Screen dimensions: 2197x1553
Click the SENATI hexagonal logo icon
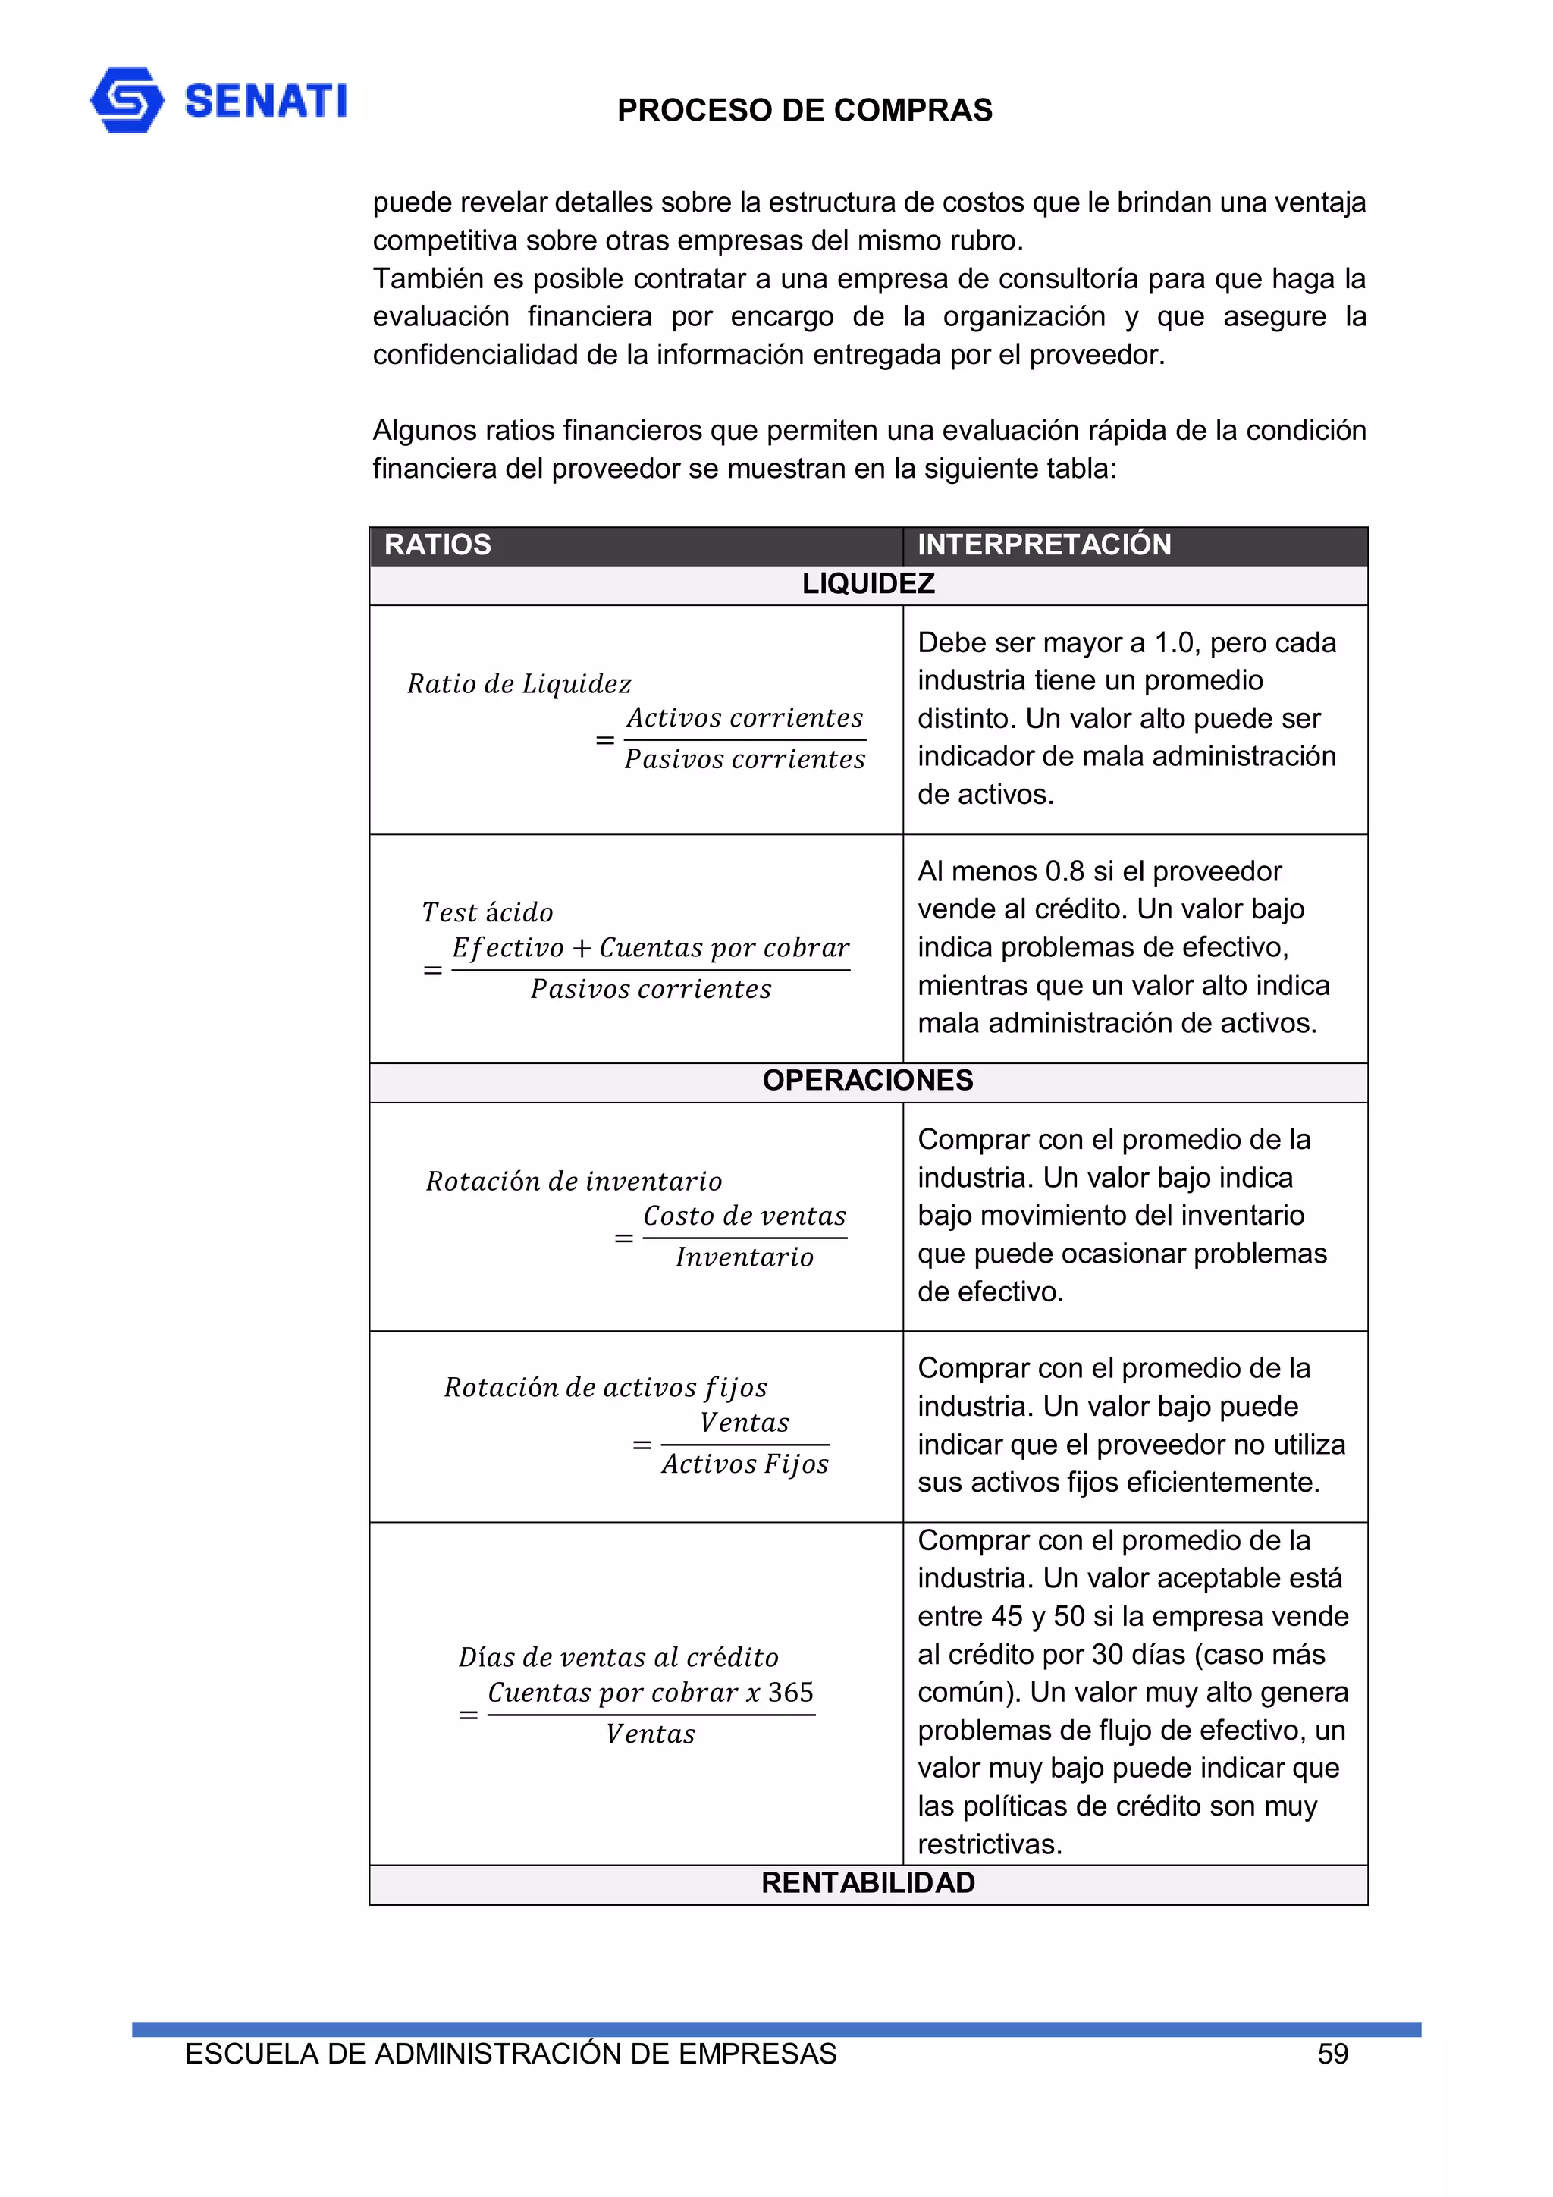pyautogui.click(x=127, y=99)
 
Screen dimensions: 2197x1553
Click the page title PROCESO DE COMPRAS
pyautogui.click(x=804, y=111)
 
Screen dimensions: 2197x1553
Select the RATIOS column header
pyautogui.click(x=438, y=545)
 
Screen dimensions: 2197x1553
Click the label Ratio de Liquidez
pyautogui.click(x=519, y=683)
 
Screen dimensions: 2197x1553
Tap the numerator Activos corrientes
pyautogui.click(x=745, y=717)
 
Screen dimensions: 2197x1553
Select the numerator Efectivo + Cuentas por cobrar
pyautogui.click(x=651, y=947)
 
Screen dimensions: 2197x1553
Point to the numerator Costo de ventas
pyautogui.click(x=745, y=1215)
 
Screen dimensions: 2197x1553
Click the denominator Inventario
pyautogui.click(x=745, y=1257)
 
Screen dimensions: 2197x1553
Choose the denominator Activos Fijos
pyautogui.click(x=745, y=1463)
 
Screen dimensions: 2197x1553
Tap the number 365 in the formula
pyautogui.click(x=790, y=1692)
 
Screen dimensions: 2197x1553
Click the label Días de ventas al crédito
pyautogui.click(x=618, y=1656)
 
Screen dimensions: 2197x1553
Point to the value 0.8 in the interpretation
pyautogui.click(x=1064, y=871)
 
